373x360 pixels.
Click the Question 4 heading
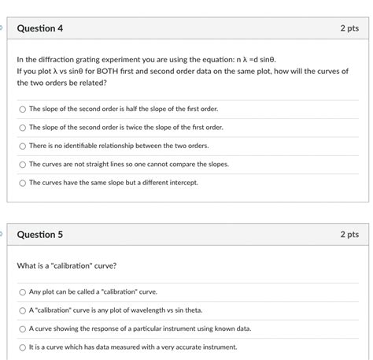click(x=39, y=28)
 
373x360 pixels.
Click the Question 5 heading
click(x=39, y=235)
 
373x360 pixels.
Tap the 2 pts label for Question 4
click(x=349, y=28)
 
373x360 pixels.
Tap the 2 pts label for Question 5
click(x=349, y=235)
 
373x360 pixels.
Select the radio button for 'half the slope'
click(x=23, y=109)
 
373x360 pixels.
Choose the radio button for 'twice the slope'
click(x=23, y=127)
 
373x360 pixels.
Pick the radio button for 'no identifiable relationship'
click(x=23, y=146)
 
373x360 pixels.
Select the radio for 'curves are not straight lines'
click(x=23, y=164)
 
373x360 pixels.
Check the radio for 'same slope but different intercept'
click(x=23, y=183)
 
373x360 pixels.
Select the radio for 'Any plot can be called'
click(x=23, y=291)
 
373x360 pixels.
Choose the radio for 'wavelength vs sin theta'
click(x=23, y=310)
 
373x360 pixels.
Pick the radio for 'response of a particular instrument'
click(x=23, y=328)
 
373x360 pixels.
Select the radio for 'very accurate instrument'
click(x=23, y=347)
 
